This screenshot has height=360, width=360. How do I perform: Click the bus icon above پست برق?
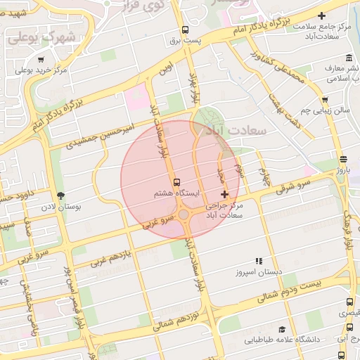pos(185,30)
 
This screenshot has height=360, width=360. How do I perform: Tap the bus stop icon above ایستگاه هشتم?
pos(176,181)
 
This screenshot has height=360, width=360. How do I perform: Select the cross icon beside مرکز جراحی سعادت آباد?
pos(224,194)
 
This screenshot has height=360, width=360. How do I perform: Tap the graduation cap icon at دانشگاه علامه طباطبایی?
pos(282,329)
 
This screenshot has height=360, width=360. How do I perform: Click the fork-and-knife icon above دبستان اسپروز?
pos(258,260)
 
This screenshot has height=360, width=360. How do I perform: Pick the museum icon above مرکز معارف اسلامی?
pos(349,58)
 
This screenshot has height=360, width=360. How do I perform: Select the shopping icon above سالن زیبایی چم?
pos(325,100)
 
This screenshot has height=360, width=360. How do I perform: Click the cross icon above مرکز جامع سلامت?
pos(322,15)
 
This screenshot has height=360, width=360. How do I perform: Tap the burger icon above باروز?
pos(342,159)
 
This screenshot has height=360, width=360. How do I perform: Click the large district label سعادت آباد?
pos(221,130)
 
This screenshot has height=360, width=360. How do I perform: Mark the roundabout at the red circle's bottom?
pos(184,214)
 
